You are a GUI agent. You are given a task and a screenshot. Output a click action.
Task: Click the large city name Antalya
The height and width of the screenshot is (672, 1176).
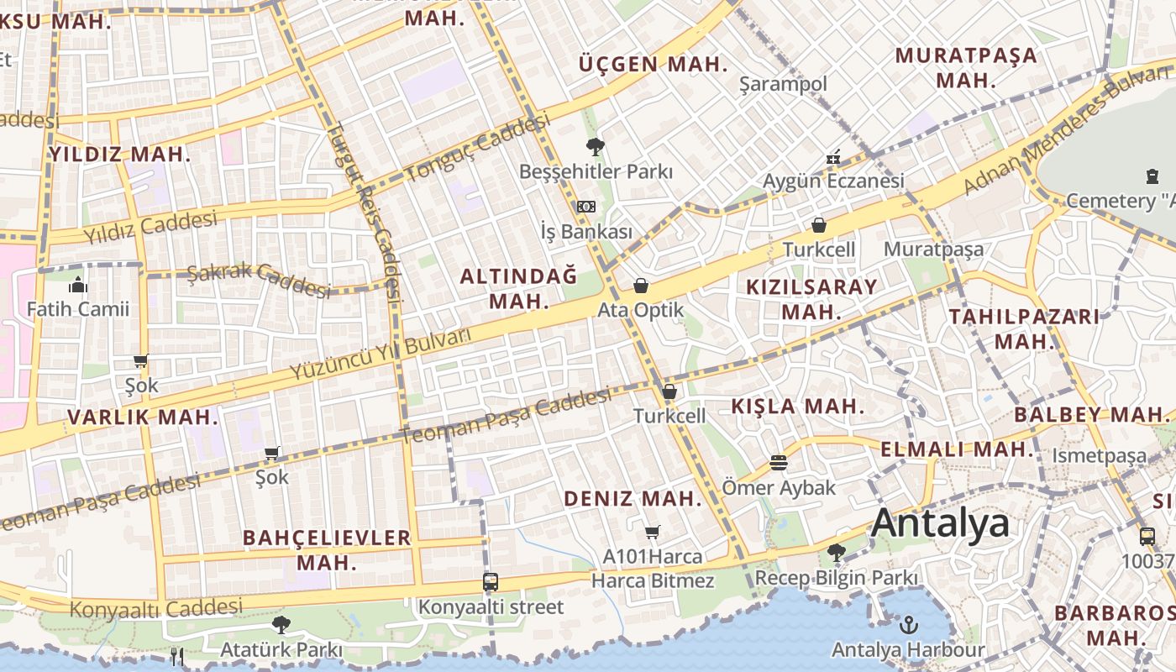tap(940, 522)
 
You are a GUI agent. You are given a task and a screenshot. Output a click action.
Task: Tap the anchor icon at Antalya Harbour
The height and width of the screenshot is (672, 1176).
tap(908, 624)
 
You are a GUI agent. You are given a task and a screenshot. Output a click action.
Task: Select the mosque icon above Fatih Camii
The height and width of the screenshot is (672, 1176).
tap(78, 285)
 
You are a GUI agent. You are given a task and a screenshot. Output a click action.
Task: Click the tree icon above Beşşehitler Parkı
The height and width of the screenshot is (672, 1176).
tap(596, 147)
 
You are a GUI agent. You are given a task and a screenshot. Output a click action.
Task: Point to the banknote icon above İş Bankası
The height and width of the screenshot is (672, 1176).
tap(586, 207)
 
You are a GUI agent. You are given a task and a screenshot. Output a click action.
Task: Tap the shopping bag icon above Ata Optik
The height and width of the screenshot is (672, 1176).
tap(641, 286)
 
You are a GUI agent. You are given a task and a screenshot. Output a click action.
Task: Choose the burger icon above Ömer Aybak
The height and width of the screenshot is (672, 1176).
tap(779, 463)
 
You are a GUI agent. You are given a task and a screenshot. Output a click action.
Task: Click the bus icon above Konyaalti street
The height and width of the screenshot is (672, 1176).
tap(491, 581)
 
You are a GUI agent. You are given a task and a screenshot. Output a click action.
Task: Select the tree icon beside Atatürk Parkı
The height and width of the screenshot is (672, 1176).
tap(281, 625)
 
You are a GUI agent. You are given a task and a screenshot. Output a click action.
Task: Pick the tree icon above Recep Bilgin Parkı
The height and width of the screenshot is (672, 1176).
tap(836, 553)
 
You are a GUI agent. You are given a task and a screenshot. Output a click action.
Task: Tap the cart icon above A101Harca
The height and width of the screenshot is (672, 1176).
tap(652, 532)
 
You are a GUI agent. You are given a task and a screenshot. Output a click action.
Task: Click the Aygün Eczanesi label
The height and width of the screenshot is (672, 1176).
tap(833, 181)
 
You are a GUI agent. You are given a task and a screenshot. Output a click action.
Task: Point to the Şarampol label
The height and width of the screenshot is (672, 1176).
tap(783, 84)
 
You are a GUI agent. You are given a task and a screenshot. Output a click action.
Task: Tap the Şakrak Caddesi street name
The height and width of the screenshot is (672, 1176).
tap(259, 280)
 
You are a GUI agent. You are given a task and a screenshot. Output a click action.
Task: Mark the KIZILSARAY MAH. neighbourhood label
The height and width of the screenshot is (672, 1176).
tap(811, 298)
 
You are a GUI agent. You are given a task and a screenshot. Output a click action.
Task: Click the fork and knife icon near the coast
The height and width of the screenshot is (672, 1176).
tap(176, 656)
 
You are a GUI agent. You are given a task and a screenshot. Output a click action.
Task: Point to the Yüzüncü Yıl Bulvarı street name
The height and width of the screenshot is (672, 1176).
tap(379, 353)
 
